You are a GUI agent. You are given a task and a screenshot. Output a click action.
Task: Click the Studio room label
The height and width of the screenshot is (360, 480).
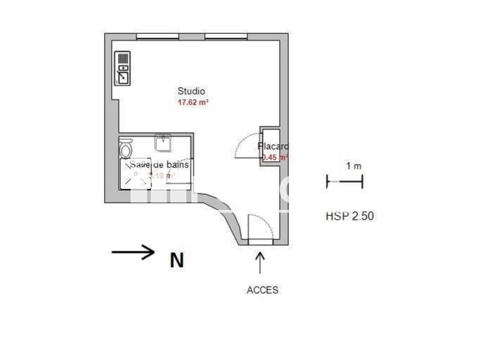(191, 91)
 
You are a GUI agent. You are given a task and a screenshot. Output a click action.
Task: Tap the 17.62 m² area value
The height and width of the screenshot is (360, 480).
(192, 103)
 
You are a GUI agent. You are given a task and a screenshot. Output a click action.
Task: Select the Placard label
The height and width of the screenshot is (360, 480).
(272, 146)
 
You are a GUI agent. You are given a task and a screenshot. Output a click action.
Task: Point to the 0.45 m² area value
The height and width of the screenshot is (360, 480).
(274, 157)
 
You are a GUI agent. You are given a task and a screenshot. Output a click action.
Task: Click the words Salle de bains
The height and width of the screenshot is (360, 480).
(159, 164)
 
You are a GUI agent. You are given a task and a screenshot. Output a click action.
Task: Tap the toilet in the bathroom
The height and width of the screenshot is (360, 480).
(126, 147)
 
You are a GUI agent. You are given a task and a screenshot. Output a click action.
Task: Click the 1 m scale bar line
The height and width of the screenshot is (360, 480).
(345, 180)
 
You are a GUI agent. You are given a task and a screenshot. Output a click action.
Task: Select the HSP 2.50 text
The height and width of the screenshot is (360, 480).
(349, 216)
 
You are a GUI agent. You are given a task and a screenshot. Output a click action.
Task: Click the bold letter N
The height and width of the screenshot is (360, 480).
(176, 260)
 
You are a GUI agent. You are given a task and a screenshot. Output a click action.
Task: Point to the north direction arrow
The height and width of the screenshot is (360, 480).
(133, 252)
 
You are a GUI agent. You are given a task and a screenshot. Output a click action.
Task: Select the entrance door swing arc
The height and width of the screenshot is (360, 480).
(253, 225)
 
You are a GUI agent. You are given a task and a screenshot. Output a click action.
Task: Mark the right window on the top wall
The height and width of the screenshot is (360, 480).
(228, 35)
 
